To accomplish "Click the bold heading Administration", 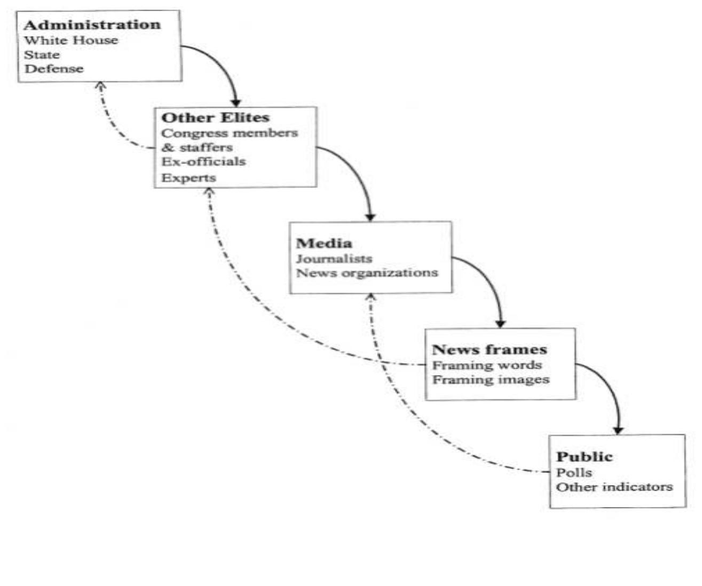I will pos(92,25).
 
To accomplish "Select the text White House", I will pos(71,40).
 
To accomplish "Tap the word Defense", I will pos(54,68).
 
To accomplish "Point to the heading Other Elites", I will pos(215,118).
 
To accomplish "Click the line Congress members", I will pos(230,133).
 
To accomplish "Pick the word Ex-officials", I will pos(203,161).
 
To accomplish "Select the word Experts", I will pos(188,177).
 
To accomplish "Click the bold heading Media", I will pos(324,244).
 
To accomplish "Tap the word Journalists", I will pos(334,259).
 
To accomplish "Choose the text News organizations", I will pos(367,273).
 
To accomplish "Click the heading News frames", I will pos(489,350).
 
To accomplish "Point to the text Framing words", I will pos(487,365).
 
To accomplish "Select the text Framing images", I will pos(491,380).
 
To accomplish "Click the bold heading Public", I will pos(584,457).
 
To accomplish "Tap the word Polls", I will pos(574,473).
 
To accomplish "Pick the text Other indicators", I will pos(614,487).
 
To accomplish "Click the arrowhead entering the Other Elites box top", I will pos(236,103).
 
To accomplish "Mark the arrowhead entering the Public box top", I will pos(618,430).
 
